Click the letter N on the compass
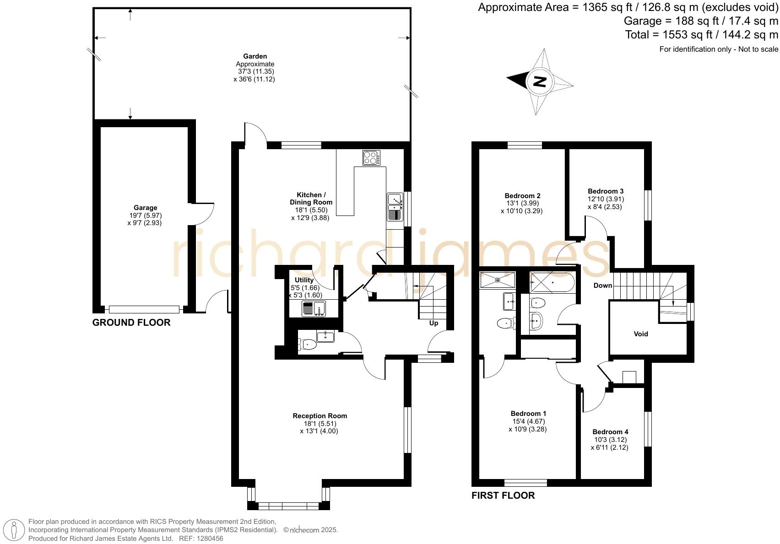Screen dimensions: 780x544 click(x=540, y=82)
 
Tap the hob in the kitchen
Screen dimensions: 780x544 click(x=371, y=157)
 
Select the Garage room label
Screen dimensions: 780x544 click(x=145, y=208)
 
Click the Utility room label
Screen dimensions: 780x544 click(x=304, y=280)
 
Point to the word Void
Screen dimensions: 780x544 click(x=641, y=334)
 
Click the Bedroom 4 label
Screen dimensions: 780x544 click(x=610, y=432)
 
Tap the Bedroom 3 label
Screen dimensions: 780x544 click(x=606, y=191)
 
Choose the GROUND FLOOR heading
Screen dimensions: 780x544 click(x=131, y=323)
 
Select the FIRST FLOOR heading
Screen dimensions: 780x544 click(x=503, y=496)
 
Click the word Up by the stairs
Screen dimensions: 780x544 click(x=433, y=323)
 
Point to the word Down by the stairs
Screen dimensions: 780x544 click(x=603, y=285)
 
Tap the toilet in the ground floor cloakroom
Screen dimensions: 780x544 click(x=307, y=345)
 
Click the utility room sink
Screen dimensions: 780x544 click(x=314, y=309)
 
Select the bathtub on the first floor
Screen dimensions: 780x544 click(x=552, y=282)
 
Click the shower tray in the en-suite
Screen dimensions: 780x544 click(x=497, y=280)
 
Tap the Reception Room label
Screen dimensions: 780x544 click(x=320, y=416)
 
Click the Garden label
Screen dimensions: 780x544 click(x=255, y=56)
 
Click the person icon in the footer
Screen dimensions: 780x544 click(x=14, y=531)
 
